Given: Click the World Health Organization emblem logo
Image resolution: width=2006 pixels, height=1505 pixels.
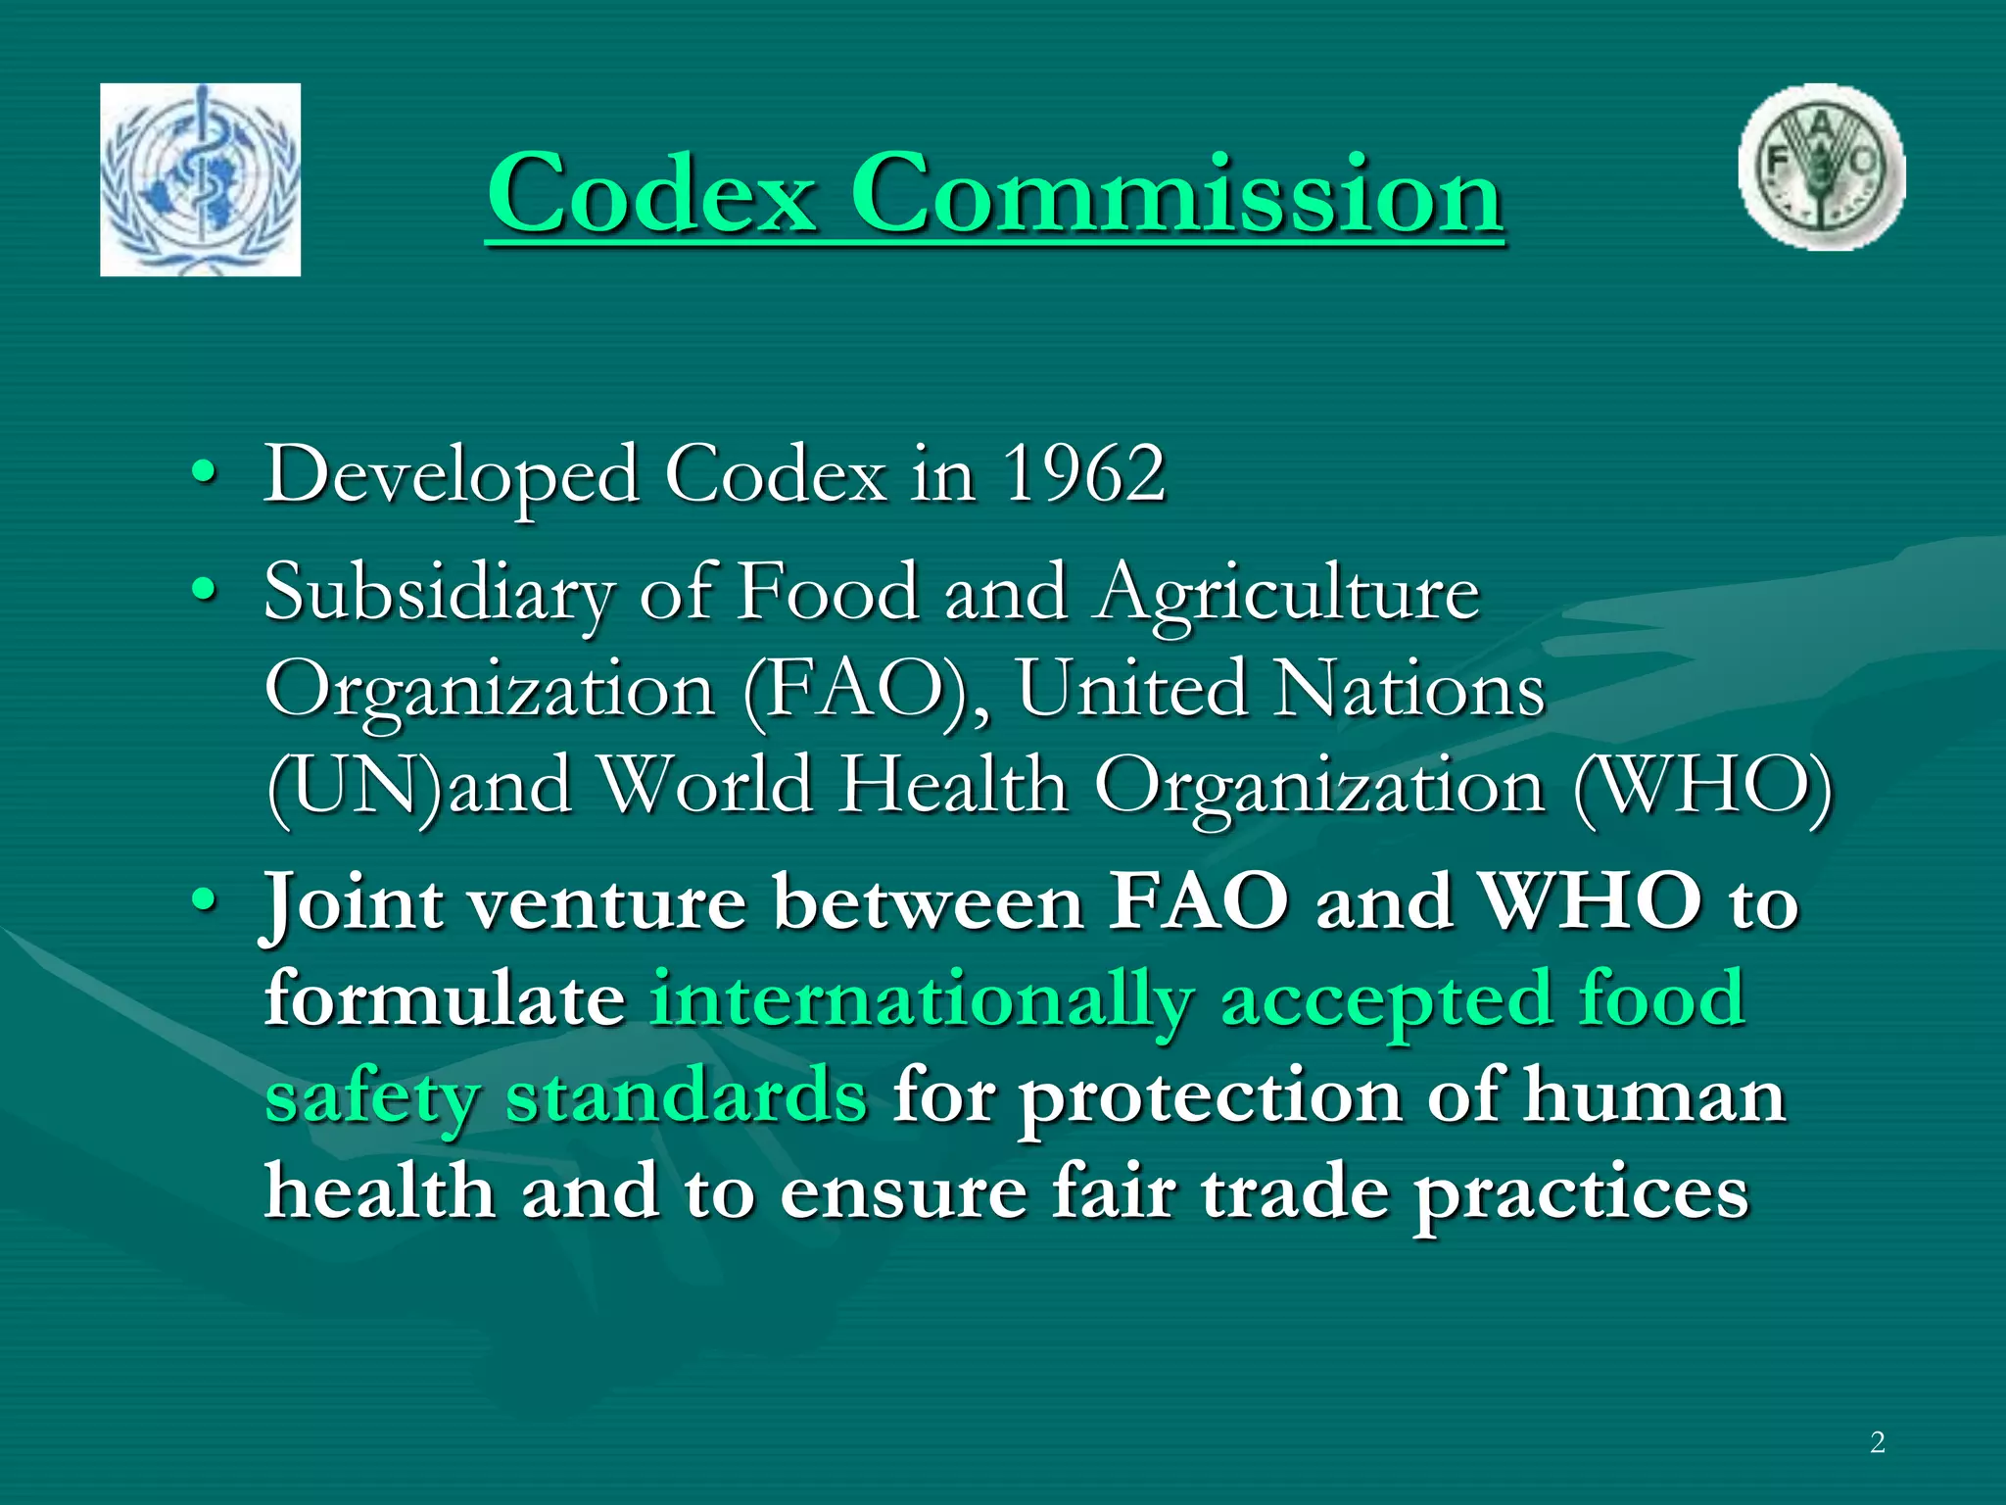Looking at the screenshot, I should (200, 179).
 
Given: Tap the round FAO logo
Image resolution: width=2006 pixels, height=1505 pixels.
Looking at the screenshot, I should (1822, 168).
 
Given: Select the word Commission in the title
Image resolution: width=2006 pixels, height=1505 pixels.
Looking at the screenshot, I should (1176, 193).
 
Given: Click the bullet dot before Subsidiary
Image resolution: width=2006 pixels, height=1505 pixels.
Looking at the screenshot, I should (204, 590).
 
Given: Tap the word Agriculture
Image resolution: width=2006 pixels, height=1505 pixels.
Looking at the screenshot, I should (1288, 594).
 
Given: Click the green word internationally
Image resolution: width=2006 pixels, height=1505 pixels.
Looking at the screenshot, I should (922, 1000).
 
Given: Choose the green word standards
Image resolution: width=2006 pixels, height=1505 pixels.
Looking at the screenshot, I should (687, 1096).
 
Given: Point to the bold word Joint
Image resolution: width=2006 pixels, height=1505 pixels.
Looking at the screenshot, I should (354, 901).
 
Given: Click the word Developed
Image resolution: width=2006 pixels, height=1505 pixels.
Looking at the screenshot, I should (452, 476).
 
